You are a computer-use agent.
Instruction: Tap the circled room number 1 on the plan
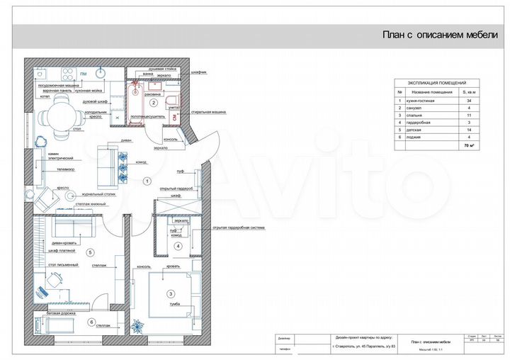147,181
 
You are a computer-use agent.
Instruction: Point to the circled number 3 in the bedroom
170,294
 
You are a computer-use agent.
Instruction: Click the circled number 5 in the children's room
89,252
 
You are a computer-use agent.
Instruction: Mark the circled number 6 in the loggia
91,322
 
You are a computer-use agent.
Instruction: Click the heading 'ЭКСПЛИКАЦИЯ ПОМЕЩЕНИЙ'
433,82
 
